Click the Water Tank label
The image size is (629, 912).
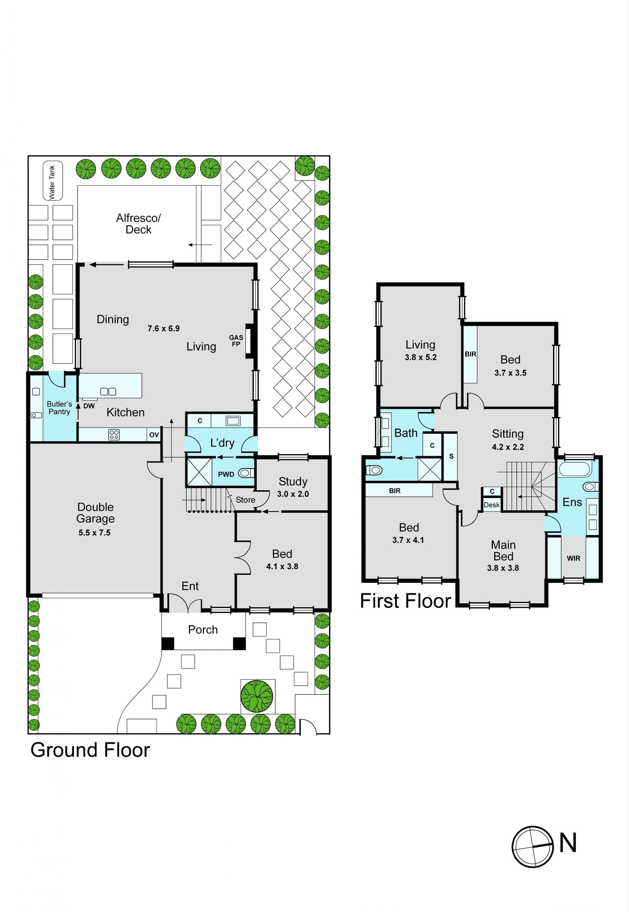[x=52, y=182]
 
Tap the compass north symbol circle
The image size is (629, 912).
[x=532, y=847]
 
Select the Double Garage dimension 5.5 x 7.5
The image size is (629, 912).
[x=95, y=533]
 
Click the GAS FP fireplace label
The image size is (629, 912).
[x=236, y=341]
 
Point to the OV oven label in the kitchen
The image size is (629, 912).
[x=154, y=435]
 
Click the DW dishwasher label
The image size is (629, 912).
[x=89, y=406]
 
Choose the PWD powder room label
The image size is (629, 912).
[x=226, y=475]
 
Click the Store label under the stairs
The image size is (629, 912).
[x=245, y=500]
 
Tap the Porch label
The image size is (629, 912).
[x=203, y=629]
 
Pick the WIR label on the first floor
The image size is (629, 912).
[x=573, y=558]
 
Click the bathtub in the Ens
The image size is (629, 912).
[x=575, y=469]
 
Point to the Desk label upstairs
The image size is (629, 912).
[x=492, y=505]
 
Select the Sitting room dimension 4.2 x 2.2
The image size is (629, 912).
[x=508, y=447]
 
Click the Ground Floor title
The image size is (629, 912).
[x=90, y=750]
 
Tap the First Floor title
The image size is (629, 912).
[x=406, y=601]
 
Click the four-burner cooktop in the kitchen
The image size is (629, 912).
[x=114, y=435]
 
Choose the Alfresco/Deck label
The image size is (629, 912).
[x=138, y=224]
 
